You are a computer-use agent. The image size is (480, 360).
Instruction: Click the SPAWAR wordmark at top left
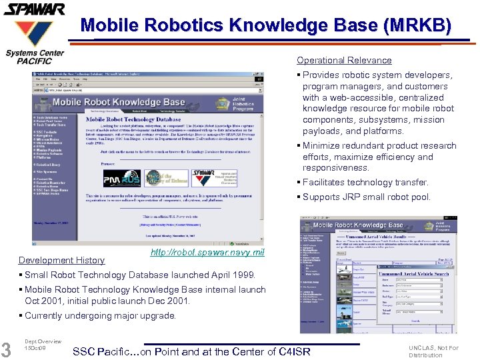pos(35,9)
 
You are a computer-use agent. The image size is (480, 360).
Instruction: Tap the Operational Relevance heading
pos(344,60)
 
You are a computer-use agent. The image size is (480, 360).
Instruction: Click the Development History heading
pos(61,260)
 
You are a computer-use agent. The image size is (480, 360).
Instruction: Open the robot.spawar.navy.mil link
pos(207,252)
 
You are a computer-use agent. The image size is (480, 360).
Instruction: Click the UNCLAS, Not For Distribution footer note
pos(433,351)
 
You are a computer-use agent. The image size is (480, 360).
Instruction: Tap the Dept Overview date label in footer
pos(43,345)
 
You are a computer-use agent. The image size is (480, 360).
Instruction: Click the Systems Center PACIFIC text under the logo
pos(35,57)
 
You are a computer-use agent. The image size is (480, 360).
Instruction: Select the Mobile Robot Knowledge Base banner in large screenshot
pos(119,102)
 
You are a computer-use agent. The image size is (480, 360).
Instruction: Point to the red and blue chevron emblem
pos(35,32)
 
